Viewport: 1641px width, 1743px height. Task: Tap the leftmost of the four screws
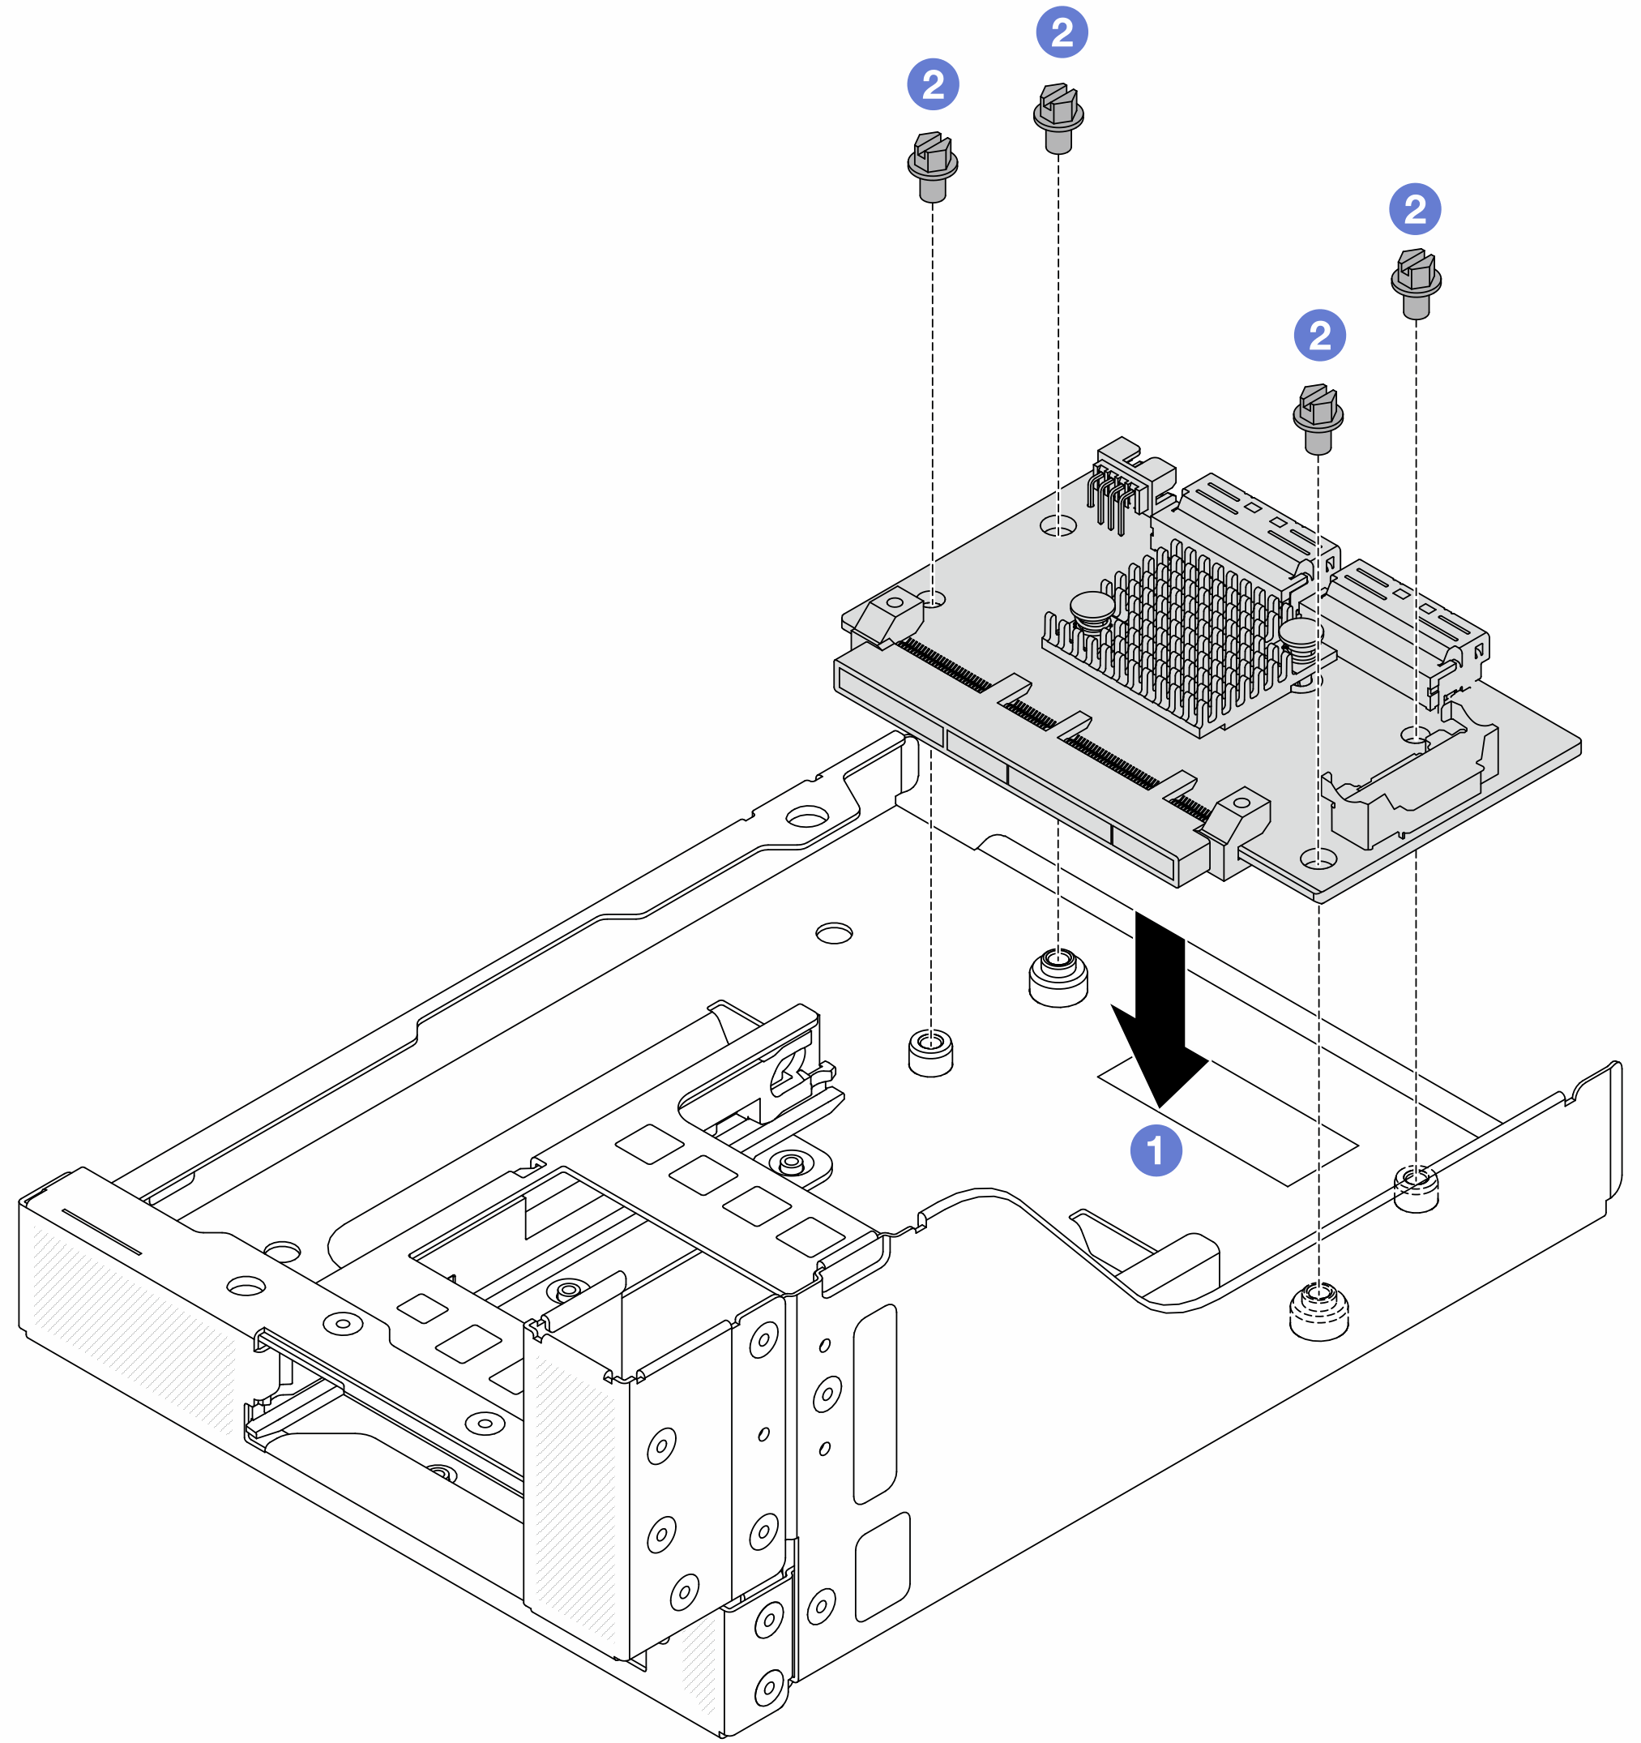pos(932,165)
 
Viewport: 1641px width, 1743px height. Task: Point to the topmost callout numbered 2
pos(1062,32)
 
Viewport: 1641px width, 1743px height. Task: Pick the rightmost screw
pos(1416,281)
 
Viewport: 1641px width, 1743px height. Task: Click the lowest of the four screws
pos(1318,418)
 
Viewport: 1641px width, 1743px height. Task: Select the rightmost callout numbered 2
pos(1415,209)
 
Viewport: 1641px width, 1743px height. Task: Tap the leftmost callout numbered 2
pos(933,85)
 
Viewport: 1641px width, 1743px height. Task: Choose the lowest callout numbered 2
pos(1319,335)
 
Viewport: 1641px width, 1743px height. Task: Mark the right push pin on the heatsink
pos(1299,637)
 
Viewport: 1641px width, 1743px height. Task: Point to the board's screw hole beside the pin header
pos(1058,526)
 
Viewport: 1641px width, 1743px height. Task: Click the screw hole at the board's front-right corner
pos(1318,858)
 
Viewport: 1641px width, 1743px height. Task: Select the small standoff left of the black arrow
pos(931,1051)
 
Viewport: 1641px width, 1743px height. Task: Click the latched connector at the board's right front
pos(1412,781)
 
